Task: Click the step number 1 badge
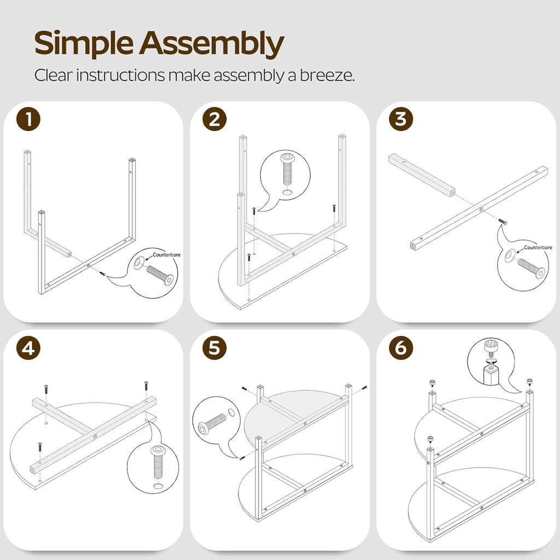pos(28,119)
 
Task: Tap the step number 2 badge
pos(214,119)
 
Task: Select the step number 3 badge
pos(401,119)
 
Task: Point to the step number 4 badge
pos(28,348)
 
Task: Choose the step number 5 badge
pos(214,348)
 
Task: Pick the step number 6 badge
pos(401,348)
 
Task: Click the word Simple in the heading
pos(84,44)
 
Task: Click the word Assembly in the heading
pos(212,44)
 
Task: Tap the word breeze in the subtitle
pos(326,75)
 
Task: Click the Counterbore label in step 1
pos(166,255)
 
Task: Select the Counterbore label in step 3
pos(538,248)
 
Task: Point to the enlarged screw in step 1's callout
pos(160,275)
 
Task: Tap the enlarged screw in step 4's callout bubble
pos(157,462)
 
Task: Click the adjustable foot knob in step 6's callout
pos(491,347)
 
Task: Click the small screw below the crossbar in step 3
pos(503,221)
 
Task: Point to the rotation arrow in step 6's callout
pos(491,361)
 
